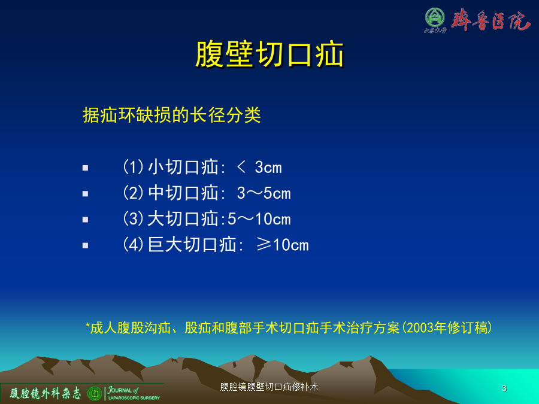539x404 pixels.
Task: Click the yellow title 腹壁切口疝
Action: point(270,54)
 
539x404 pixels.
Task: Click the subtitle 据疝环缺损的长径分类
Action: point(171,115)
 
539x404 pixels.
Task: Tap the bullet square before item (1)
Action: point(85,168)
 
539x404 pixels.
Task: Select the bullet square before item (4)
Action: point(85,245)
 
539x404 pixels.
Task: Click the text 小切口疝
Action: point(183,168)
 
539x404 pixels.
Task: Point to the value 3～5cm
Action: point(264,193)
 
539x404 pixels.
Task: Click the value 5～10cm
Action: point(259,219)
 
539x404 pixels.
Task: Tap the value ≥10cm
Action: point(283,245)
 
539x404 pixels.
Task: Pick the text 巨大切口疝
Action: point(192,245)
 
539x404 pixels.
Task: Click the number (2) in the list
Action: point(133,193)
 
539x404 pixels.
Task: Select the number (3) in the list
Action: point(133,219)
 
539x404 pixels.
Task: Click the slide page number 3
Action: point(504,388)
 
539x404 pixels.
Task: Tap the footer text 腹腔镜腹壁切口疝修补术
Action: point(269,387)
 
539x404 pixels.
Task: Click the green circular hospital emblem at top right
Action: point(435,17)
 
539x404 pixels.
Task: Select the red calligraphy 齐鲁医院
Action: point(491,20)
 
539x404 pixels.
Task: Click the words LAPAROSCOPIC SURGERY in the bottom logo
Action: point(134,398)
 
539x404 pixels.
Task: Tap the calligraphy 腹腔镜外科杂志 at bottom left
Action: point(46,393)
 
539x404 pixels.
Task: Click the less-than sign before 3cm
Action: point(241,168)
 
